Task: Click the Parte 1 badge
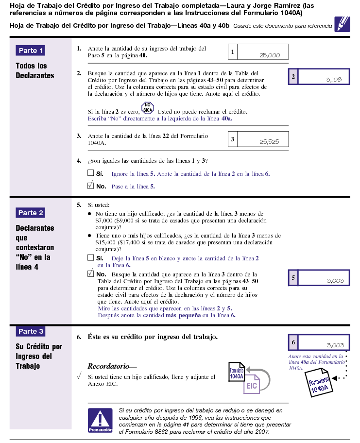pyautogui.click(x=31, y=51)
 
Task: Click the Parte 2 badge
pyautogui.click(x=31, y=213)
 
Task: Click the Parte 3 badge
pyautogui.click(x=31, y=331)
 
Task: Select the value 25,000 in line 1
pyautogui.click(x=270, y=55)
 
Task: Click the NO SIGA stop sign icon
pyautogui.click(x=148, y=108)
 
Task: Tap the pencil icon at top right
pyautogui.click(x=342, y=24)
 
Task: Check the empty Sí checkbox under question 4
pyautogui.click(x=90, y=172)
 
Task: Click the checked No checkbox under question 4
pyautogui.click(x=90, y=185)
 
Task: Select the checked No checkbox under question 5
pyautogui.click(x=90, y=273)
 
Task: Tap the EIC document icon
pyautogui.click(x=252, y=385)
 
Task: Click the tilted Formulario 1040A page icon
pyautogui.click(x=318, y=384)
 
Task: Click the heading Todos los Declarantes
pyautogui.click(x=35, y=70)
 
